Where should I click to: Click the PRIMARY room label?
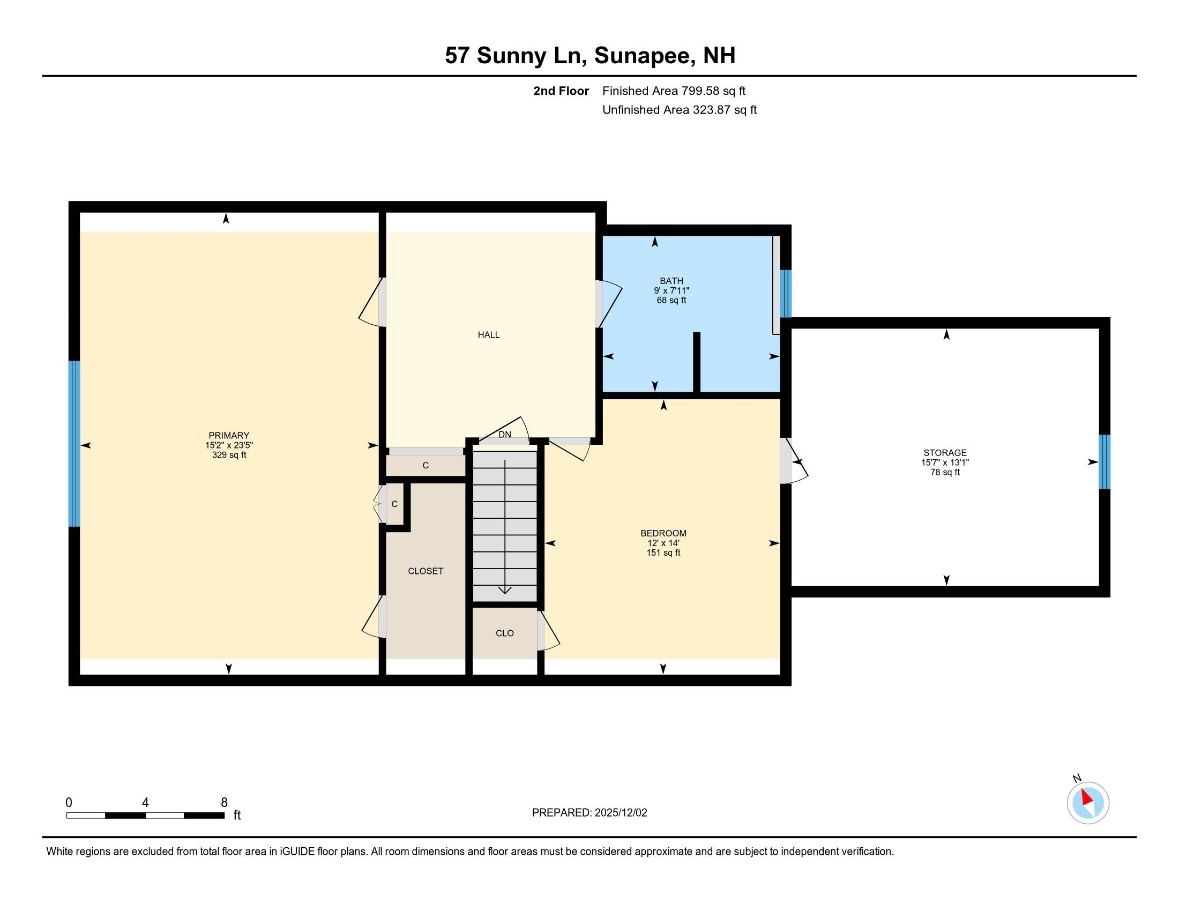(229, 435)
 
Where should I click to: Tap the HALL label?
(489, 335)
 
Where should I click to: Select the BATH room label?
(671, 281)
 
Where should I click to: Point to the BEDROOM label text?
(663, 533)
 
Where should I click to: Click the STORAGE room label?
(945, 453)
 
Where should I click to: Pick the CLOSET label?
(426, 571)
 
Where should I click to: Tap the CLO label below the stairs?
(505, 633)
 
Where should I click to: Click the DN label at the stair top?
(505, 435)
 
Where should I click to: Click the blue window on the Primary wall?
(74, 443)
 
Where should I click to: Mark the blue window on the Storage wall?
(1105, 462)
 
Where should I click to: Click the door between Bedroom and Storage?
(794, 461)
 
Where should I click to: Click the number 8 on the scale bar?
(224, 802)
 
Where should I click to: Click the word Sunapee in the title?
(645, 56)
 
